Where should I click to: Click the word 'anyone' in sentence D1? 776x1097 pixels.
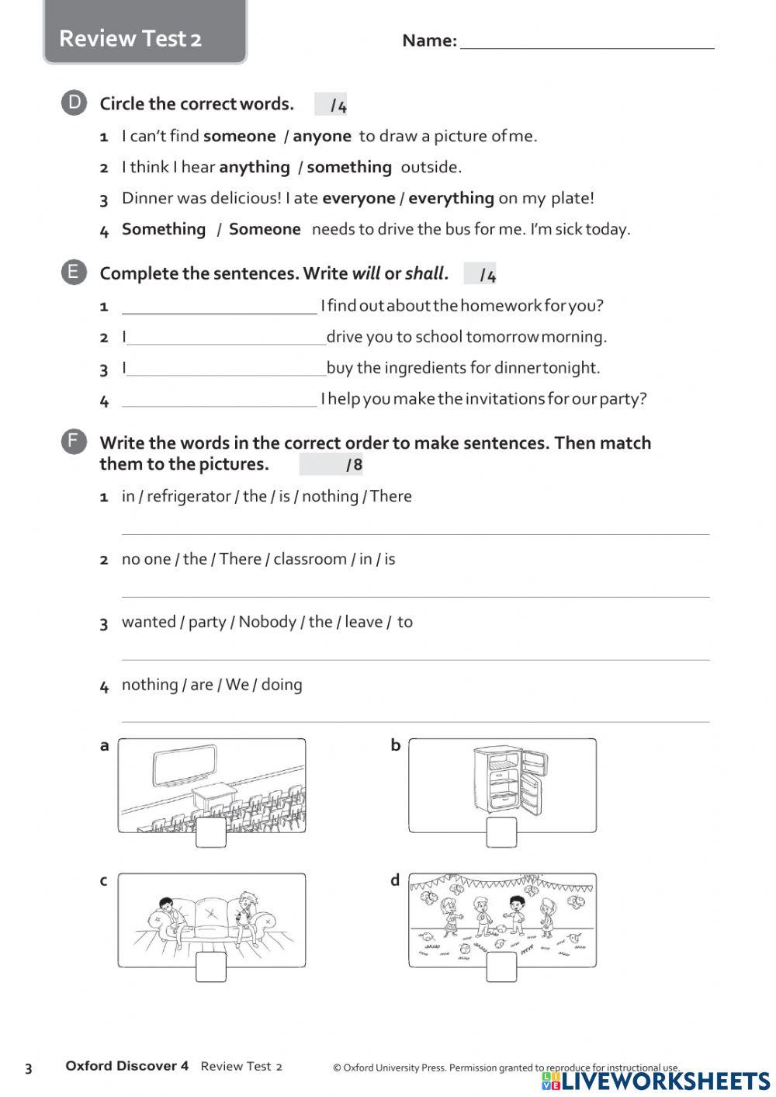[x=321, y=136]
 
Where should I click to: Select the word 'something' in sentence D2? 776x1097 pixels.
[x=349, y=167]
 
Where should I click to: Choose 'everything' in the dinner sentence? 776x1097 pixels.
[x=451, y=198]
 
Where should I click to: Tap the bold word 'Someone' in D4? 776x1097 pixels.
[x=265, y=229]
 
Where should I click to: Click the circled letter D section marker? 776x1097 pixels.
[x=74, y=102]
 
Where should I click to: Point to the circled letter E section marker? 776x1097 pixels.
[x=74, y=273]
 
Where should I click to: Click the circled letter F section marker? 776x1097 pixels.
[x=74, y=443]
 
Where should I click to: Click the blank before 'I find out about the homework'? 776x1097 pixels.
[x=220, y=307]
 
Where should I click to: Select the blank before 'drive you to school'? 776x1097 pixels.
[x=226, y=338]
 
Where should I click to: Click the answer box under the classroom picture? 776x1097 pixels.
[x=211, y=832]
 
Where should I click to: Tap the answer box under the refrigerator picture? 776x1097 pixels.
[x=501, y=832]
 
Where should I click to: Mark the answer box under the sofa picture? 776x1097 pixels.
[x=211, y=967]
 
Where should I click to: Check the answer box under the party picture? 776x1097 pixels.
[x=501, y=967]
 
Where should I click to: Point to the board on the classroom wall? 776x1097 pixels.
[x=184, y=765]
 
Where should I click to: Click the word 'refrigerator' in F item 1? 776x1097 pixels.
[x=189, y=496]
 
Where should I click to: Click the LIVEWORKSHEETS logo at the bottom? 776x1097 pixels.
[x=656, y=1081]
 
